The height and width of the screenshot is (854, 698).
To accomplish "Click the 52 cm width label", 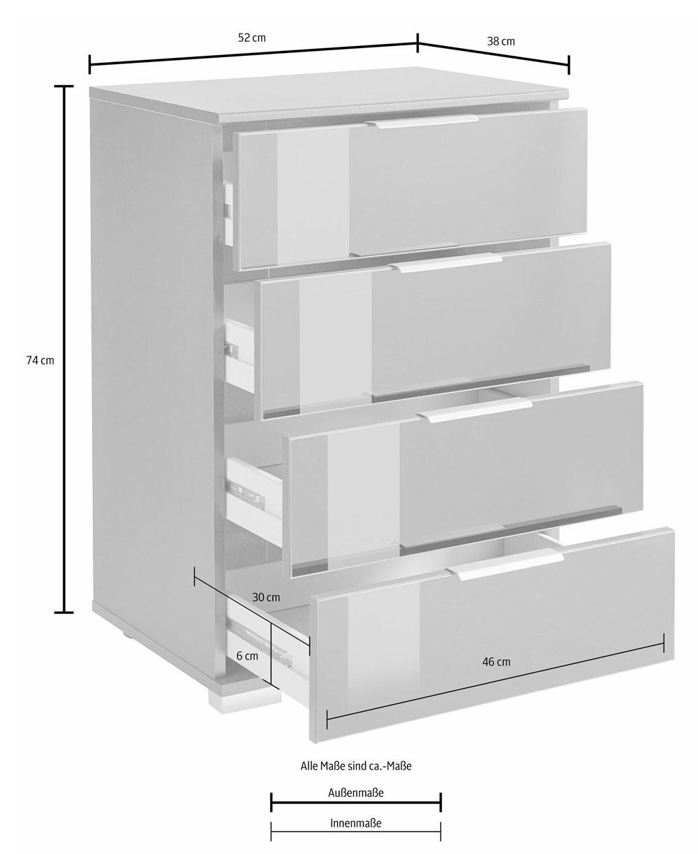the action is (x=251, y=38).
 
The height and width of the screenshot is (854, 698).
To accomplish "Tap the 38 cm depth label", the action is (x=500, y=41).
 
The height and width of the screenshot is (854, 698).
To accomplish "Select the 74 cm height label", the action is (x=40, y=360).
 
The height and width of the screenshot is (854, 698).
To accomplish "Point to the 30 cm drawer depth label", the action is (x=266, y=597).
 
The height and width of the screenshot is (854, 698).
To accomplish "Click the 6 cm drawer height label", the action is (x=247, y=656).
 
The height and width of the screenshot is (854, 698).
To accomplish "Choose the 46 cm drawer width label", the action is (x=496, y=661).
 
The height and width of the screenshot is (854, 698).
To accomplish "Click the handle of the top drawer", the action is (x=422, y=121).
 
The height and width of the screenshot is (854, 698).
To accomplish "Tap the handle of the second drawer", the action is (x=445, y=262).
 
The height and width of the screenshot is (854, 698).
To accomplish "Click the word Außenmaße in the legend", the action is (x=356, y=793).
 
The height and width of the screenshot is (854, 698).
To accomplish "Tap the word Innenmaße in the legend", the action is (x=356, y=823).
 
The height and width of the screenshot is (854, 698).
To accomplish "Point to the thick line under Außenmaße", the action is (x=356, y=802).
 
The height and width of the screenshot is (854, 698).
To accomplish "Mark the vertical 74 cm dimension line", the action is (x=64, y=349).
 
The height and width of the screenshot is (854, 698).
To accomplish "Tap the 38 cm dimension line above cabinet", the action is (x=493, y=54).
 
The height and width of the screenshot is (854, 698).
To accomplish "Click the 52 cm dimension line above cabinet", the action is (x=253, y=54).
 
